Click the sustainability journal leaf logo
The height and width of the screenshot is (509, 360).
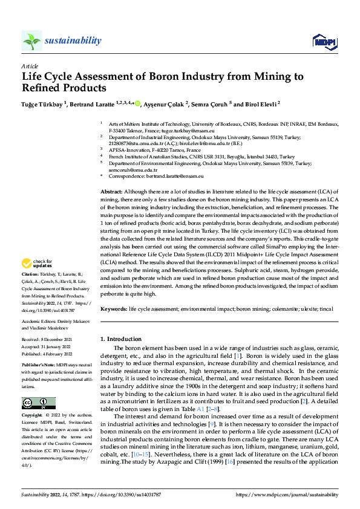click(32, 41)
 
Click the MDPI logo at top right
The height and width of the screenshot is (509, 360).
click(322, 41)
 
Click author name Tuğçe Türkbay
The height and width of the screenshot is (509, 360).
click(42, 104)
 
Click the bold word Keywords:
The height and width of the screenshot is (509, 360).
click(114, 309)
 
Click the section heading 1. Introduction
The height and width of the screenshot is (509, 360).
click(121, 339)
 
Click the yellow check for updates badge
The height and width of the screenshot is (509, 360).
click(37, 264)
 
